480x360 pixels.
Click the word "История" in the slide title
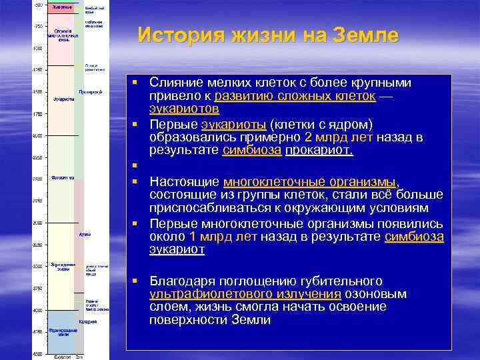[174, 35]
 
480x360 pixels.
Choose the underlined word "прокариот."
[319, 151]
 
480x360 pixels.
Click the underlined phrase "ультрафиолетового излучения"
[245, 294]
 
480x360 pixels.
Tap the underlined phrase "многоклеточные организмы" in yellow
[310, 181]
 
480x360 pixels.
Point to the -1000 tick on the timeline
[38, 49]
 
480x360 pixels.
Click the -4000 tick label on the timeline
[38, 311]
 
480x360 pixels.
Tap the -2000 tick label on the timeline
[38, 136]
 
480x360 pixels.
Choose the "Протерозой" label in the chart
[90, 91]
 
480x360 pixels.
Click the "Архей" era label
[85, 235]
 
